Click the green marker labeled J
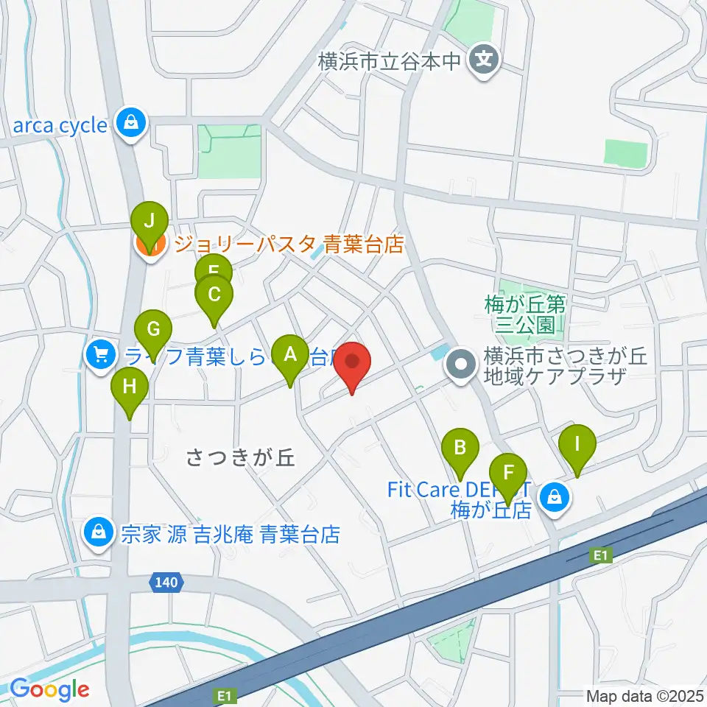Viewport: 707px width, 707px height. click(150, 220)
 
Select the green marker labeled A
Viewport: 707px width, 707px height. click(289, 356)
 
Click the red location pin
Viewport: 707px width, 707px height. click(353, 363)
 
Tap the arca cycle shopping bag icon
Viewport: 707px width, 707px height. click(130, 123)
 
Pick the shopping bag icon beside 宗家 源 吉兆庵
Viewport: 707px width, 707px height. click(97, 531)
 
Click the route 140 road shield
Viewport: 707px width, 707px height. click(165, 583)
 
